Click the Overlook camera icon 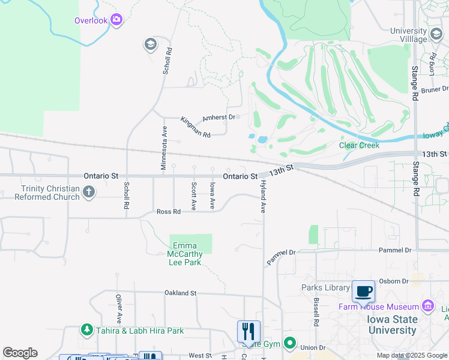(116, 20)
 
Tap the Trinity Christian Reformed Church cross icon (89, 193)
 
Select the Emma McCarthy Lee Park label (187, 254)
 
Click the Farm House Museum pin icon (428, 307)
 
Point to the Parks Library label (325, 288)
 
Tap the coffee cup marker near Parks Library (363, 292)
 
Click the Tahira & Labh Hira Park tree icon (86, 330)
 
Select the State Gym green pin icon (290, 344)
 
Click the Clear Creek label (360, 145)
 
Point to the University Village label (408, 35)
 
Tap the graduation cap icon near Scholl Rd (150, 44)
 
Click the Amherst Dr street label (218, 118)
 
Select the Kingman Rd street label (196, 128)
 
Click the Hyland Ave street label (262, 199)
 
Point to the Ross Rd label (168, 212)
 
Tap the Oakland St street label (181, 293)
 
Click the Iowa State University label (392, 325)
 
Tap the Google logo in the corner (20, 353)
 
